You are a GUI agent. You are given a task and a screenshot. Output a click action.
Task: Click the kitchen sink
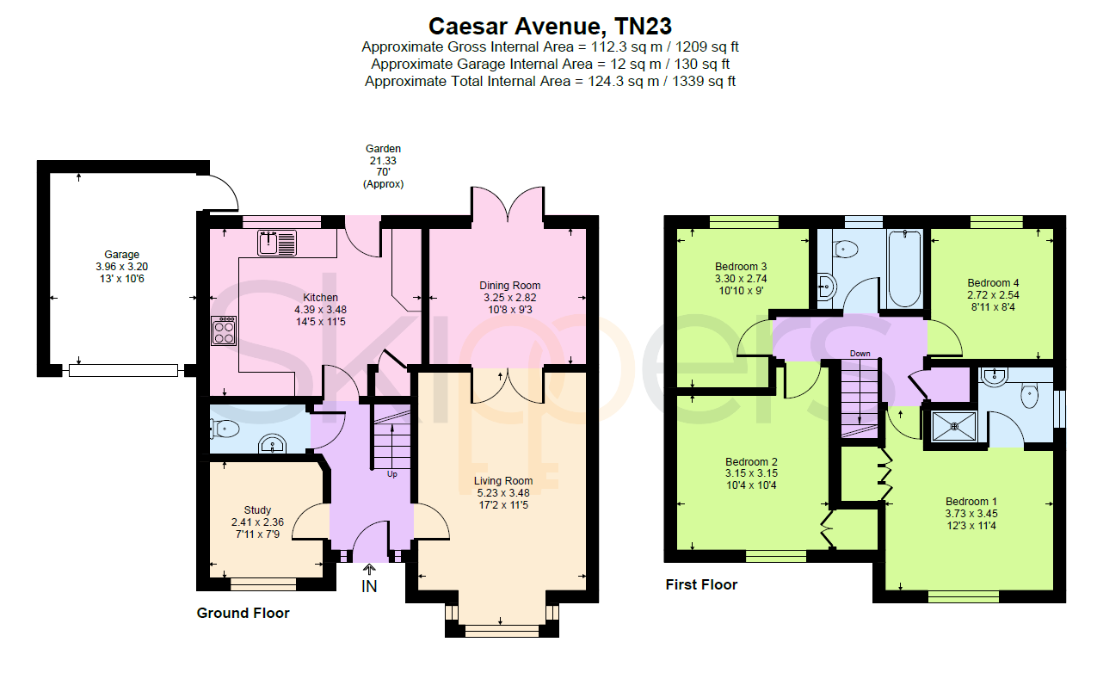(277, 243)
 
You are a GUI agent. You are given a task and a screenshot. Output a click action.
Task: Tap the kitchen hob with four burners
(224, 331)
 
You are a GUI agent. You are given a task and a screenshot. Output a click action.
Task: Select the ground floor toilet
(225, 429)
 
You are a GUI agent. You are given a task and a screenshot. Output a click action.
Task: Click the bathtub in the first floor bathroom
(904, 269)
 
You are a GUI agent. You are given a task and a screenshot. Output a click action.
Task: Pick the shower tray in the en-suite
(954, 427)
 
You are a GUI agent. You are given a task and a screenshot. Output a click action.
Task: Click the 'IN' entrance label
(369, 586)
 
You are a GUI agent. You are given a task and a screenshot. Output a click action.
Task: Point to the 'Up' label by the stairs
(391, 474)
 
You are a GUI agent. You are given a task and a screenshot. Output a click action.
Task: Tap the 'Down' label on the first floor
(860, 354)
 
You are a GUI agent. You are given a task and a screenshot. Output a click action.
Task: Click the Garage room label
(121, 255)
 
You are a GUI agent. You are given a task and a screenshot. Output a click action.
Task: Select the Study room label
(257, 510)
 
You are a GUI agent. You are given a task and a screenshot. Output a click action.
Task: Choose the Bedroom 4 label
(993, 283)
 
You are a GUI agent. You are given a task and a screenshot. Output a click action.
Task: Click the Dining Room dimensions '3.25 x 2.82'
(510, 298)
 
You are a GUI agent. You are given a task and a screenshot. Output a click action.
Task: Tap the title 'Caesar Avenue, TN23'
(550, 27)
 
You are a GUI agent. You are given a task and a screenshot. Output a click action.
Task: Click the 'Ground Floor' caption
(243, 614)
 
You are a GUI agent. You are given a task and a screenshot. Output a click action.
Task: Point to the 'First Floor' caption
(701, 585)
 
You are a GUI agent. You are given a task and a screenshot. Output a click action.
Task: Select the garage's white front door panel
(123, 371)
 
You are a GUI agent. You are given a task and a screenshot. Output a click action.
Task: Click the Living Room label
(503, 481)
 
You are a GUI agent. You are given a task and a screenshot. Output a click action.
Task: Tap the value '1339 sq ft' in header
(704, 81)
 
